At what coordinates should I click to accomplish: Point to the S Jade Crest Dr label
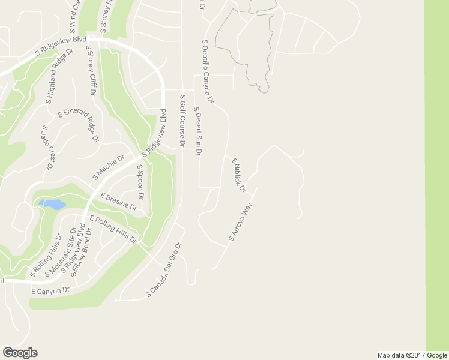point(47,146)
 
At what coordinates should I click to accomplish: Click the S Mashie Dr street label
point(108,167)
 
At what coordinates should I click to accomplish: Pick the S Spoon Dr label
point(140,182)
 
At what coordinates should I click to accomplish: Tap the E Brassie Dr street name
point(119,201)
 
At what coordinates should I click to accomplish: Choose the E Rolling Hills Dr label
point(113,229)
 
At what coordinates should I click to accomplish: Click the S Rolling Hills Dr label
point(46,256)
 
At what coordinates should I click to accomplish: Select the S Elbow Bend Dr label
point(82,253)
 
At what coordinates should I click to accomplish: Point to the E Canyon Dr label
point(50,290)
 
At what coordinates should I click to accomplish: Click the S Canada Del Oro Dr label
point(163,270)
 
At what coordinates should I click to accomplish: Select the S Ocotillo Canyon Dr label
point(208,70)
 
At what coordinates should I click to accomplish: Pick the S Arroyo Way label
point(240,222)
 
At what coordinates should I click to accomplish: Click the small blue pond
point(53,205)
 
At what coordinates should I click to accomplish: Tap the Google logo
point(20,353)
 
